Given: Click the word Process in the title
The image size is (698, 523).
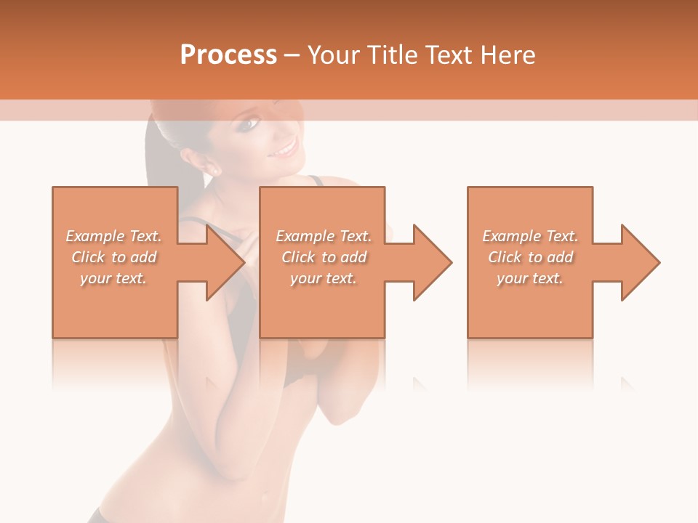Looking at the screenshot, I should tap(228, 55).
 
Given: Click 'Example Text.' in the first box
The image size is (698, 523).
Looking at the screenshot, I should tap(113, 236).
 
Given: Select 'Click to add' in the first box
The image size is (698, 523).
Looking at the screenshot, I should tap(114, 257).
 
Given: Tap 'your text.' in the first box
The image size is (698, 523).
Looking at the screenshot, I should tap(113, 278).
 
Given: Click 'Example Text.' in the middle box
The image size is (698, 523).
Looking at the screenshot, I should tap(324, 236).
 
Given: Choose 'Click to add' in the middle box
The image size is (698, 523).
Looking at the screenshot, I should tap(324, 257).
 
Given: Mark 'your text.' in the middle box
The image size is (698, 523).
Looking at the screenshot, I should tap(323, 278).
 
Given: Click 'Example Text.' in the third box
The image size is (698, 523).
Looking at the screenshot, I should tap(530, 236).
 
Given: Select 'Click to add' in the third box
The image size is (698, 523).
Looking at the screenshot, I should tap(530, 257).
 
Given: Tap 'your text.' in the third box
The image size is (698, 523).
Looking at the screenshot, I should tap(530, 278).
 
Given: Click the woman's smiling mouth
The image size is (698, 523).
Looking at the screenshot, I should tap(284, 150).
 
